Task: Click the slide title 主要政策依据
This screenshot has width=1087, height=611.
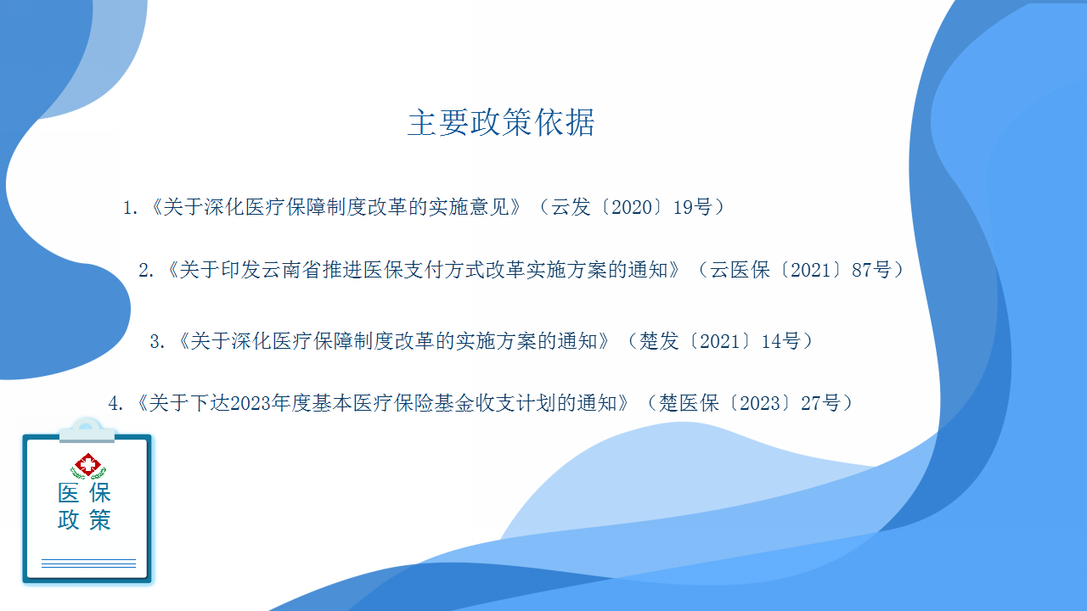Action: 501,122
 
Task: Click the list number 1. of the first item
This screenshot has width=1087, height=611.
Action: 131,208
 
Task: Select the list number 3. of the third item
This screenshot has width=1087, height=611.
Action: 158,342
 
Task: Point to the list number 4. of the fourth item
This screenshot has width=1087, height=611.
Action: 115,403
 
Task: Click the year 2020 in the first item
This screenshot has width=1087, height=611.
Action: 632,208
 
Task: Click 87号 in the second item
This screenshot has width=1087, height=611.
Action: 871,270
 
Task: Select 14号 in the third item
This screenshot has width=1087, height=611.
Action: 780,341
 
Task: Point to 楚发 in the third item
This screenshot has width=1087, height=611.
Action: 658,341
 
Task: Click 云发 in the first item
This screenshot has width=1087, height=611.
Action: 571,208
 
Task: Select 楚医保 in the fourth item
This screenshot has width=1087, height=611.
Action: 689,403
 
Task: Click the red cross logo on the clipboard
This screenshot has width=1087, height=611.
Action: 87,466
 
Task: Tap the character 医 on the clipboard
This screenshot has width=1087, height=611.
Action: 69,493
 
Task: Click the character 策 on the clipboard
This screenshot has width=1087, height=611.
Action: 100,520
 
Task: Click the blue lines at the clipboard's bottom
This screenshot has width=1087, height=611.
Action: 88,563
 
